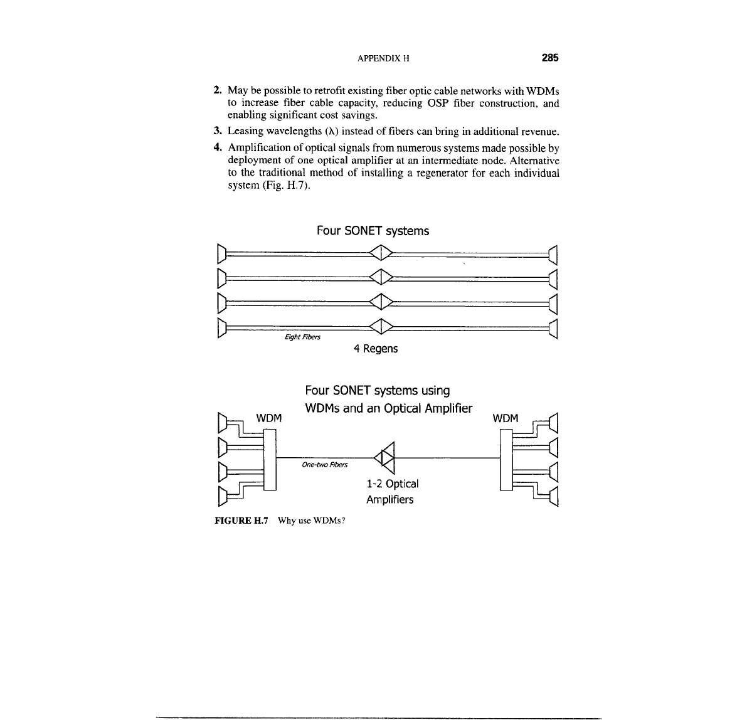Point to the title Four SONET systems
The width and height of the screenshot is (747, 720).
(373, 231)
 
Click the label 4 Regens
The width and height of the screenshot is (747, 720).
(375, 348)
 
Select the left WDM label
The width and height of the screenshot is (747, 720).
(270, 418)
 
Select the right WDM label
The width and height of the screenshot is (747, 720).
(506, 418)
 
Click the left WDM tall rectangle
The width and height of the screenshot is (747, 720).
(270, 458)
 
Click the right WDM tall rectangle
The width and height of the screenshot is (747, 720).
(506, 458)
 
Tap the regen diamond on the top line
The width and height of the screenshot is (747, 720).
(381, 253)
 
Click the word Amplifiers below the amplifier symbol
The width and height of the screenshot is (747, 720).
(389, 500)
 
